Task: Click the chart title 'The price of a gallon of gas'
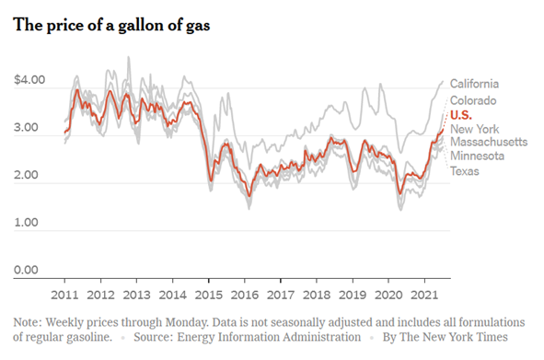click(111, 26)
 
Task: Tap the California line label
click(474, 84)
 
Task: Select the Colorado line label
click(473, 100)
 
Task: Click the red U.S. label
click(461, 115)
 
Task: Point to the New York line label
click(474, 129)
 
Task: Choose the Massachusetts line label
click(489, 142)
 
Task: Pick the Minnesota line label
click(477, 156)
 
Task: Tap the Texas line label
click(465, 171)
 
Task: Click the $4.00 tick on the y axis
click(29, 80)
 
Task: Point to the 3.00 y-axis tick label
click(26, 127)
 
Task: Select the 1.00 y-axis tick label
click(26, 222)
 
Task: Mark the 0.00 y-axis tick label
click(26, 270)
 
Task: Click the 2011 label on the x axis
click(64, 295)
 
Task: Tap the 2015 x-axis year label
click(209, 295)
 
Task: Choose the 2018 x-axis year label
click(317, 295)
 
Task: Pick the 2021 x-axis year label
click(424, 295)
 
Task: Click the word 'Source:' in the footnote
click(154, 337)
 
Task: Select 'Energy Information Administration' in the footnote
click(269, 337)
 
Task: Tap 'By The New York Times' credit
click(446, 337)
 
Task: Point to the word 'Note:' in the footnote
click(28, 322)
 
